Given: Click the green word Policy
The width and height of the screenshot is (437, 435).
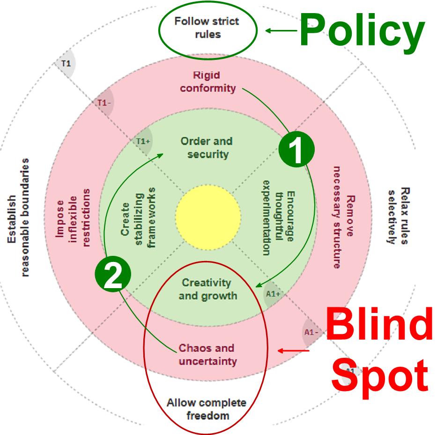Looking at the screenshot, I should pos(362,29).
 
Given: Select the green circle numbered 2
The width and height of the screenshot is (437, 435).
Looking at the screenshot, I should pos(113,276).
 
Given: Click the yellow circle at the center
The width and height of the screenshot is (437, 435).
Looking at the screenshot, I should pos(208,217).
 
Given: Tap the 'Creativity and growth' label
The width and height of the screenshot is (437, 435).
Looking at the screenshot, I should pos(207,289).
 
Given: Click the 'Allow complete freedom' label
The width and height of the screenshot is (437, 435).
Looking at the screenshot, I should pos(207,409).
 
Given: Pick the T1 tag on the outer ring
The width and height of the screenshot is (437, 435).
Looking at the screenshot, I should pos(66,63).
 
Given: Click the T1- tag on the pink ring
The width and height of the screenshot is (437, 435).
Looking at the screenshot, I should pos(103,102).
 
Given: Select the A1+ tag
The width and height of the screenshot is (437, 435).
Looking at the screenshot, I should pos(273,294).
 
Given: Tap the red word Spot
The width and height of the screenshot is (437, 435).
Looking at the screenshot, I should pos(379,374).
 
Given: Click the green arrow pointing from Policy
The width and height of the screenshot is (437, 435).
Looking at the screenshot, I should pos(281,31).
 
